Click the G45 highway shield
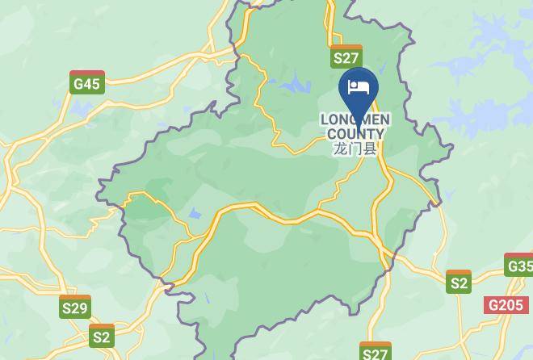[x=86, y=82]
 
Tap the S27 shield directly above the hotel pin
[x=346, y=57]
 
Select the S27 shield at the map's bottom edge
[x=375, y=352]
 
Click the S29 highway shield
[x=75, y=307]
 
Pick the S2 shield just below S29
[x=102, y=336]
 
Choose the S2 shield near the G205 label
[x=459, y=282]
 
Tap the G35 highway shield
[x=519, y=265]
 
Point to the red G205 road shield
[x=506, y=305]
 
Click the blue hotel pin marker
[x=357, y=90]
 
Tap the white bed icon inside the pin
[x=357, y=86]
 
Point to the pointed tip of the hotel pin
[x=357, y=121]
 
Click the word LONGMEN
[x=355, y=119]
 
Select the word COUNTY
[x=355, y=134]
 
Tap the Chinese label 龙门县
[x=355, y=149]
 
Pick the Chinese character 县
[x=370, y=149]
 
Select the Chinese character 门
[x=355, y=149]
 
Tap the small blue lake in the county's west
[x=195, y=215]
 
